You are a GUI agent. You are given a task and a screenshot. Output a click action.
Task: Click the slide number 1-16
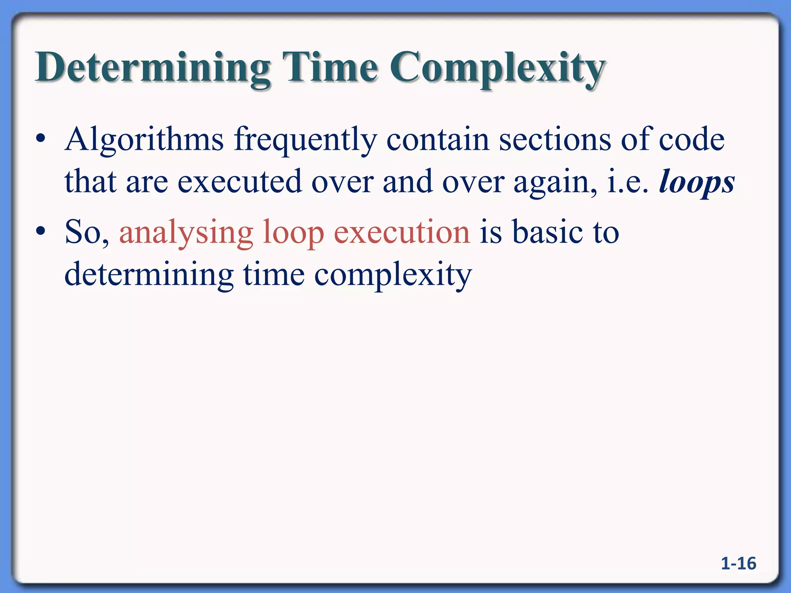[x=738, y=564]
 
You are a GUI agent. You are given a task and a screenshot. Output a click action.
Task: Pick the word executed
[x=239, y=182]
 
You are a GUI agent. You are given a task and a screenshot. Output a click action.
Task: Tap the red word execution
[x=402, y=232]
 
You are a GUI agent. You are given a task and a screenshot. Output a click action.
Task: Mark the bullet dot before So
[x=41, y=231]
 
